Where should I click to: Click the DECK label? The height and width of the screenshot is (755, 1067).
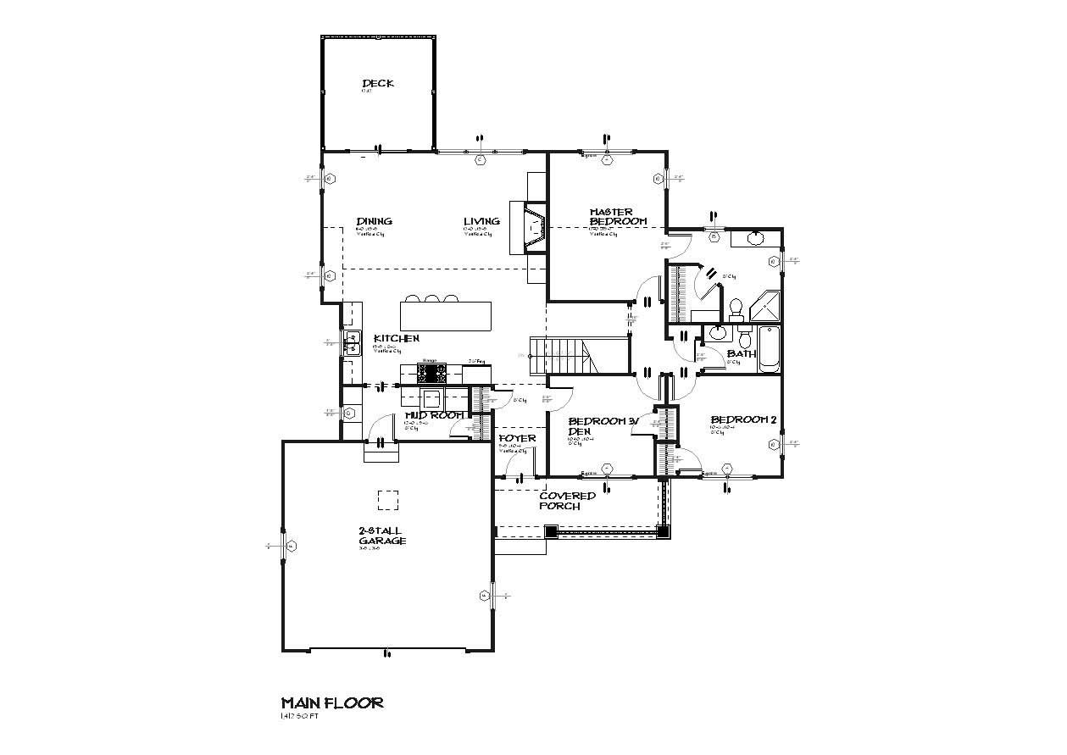378,83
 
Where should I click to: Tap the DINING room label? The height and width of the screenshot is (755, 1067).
374,221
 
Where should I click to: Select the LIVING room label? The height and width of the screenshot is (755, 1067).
481,221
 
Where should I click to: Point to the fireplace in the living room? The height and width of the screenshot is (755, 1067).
532,227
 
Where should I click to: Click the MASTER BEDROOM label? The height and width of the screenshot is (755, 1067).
618,216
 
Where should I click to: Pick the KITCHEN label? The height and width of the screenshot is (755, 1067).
396,338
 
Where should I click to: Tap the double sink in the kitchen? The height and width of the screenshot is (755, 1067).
352,343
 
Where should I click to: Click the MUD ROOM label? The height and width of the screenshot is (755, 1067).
433,415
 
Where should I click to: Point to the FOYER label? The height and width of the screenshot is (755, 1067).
517,438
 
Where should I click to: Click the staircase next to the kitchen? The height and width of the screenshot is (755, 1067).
564,355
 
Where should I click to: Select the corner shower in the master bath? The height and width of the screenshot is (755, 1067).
766,307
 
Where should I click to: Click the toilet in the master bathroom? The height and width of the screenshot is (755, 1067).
736,307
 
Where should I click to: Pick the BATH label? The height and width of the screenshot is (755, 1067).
742,353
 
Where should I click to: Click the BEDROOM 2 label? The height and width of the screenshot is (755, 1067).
743,419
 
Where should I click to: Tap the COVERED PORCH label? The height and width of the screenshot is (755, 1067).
567,501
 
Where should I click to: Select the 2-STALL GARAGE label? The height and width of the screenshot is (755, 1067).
381,536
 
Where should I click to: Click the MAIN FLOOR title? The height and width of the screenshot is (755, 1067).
332,702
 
